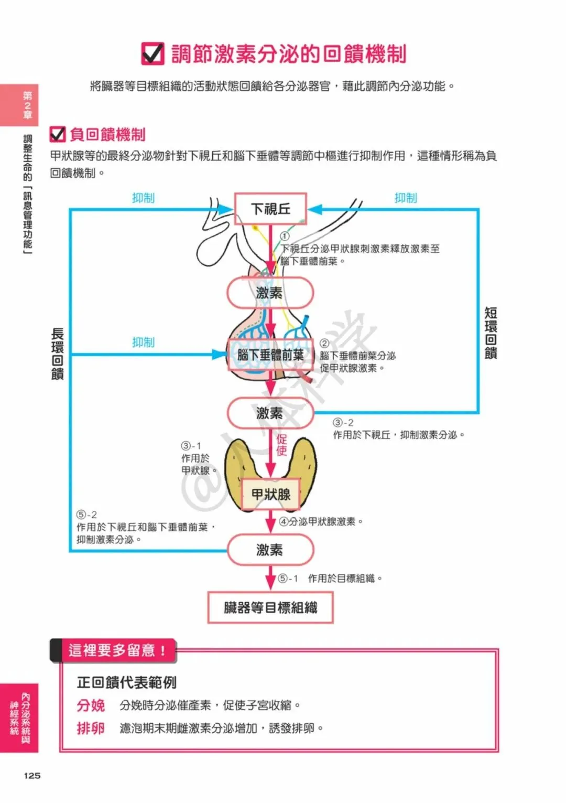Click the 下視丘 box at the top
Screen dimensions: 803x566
pyautogui.click(x=270, y=209)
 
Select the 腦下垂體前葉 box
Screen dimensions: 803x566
pyautogui.click(x=270, y=355)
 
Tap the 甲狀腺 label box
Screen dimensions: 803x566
pyautogui.click(x=270, y=494)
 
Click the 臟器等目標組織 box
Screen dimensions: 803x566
pyautogui.click(x=270, y=607)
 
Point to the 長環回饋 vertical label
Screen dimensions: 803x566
pyautogui.click(x=58, y=354)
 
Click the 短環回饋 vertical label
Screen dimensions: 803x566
pyautogui.click(x=491, y=333)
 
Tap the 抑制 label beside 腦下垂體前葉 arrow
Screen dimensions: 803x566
pyautogui.click(x=143, y=342)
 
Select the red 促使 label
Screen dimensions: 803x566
pyautogui.click(x=282, y=445)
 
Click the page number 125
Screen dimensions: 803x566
pyautogui.click(x=32, y=775)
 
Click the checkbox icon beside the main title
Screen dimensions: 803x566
pyautogui.click(x=153, y=53)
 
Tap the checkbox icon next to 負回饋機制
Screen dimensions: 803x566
pyautogui.click(x=58, y=134)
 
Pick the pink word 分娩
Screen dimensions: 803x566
pyautogui.click(x=91, y=705)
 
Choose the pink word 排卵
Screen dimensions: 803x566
pyautogui.click(x=91, y=729)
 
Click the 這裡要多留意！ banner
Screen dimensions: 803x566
pyautogui.click(x=116, y=650)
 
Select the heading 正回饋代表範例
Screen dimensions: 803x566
pyautogui.click(x=127, y=682)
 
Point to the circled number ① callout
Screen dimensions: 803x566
pyautogui.click(x=285, y=237)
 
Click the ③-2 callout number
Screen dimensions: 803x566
pyautogui.click(x=343, y=423)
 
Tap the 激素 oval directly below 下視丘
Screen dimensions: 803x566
pyautogui.click(x=270, y=293)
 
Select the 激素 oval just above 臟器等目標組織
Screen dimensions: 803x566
pyautogui.click(x=270, y=550)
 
